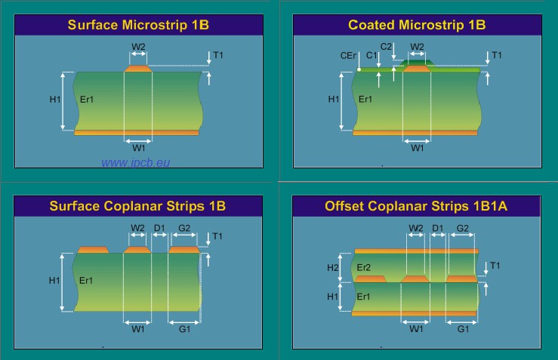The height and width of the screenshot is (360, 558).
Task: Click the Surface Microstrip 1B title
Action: pyautogui.click(x=138, y=25)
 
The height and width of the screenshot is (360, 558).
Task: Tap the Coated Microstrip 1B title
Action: pyautogui.click(x=417, y=25)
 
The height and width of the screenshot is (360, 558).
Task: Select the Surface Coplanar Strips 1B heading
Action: pyautogui.click(x=138, y=205)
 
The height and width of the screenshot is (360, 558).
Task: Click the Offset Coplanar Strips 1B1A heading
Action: pyautogui.click(x=417, y=205)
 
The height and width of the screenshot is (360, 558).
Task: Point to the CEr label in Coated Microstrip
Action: pyautogui.click(x=348, y=56)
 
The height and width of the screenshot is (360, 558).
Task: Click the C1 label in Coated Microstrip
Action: pyautogui.click(x=371, y=56)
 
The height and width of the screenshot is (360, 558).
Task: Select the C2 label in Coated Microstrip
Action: pyautogui.click(x=386, y=47)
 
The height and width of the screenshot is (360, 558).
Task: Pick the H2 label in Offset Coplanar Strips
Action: pyautogui.click(x=333, y=268)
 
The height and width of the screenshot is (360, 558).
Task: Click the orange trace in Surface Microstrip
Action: pyautogui.click(x=138, y=69)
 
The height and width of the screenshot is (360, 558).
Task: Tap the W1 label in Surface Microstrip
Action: pyautogui.click(x=138, y=148)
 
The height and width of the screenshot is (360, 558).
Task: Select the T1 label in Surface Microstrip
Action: pyautogui.click(x=218, y=56)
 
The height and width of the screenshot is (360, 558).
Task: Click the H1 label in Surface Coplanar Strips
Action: pyautogui.click(x=54, y=281)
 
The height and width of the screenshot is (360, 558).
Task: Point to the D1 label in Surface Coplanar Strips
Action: pyautogui.click(x=159, y=228)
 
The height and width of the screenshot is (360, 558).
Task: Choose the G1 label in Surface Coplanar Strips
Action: pyautogui.click(x=184, y=329)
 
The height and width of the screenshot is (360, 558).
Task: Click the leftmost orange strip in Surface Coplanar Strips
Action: pyautogui.click(x=93, y=249)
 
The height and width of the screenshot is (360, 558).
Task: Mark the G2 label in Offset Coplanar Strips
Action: pyautogui.click(x=463, y=228)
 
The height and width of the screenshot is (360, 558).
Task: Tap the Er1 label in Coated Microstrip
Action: pyautogui.click(x=365, y=99)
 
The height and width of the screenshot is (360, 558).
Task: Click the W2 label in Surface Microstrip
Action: pyautogui.click(x=138, y=47)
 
